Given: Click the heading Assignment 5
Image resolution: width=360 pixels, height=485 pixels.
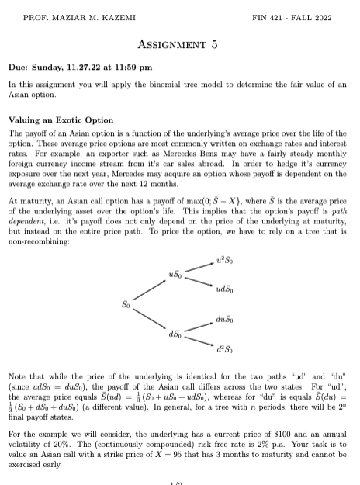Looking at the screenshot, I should coord(180,44).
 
